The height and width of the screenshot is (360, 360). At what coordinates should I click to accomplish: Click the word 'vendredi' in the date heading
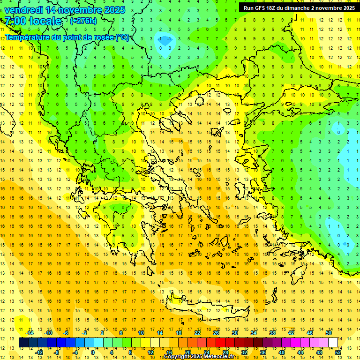coord(23,10)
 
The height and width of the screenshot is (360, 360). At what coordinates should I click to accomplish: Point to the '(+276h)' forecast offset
coord(83,21)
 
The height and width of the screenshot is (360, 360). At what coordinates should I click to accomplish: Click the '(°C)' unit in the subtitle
coord(122,37)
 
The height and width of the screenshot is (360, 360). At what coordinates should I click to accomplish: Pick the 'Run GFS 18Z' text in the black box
coord(262,7)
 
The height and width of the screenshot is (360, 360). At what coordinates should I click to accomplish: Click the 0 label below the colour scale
coord(93,352)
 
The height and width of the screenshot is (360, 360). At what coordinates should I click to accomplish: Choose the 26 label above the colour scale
coord(216,333)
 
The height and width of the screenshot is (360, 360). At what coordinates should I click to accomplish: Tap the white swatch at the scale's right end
coord(333,342)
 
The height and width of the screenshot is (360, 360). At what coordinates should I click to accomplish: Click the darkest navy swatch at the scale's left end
coord(24,342)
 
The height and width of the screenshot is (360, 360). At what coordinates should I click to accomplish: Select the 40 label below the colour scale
coord(282,352)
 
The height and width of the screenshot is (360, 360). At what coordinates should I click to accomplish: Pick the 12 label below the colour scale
coord(150,352)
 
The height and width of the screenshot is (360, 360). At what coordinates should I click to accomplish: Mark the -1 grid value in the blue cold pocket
coord(160,38)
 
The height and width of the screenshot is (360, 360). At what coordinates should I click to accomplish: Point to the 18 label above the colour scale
coord(179,333)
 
